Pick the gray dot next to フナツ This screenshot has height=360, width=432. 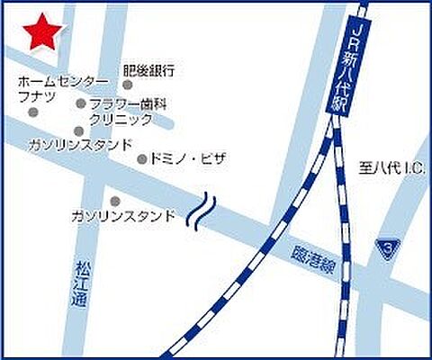(x=34, y=112)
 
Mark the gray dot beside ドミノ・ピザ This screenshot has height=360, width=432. (x=141, y=159)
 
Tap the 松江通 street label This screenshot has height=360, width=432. (x=78, y=285)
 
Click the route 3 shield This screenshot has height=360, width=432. (x=387, y=245)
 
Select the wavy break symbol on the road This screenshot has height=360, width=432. (x=203, y=212)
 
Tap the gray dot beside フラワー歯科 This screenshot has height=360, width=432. (x=81, y=104)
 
